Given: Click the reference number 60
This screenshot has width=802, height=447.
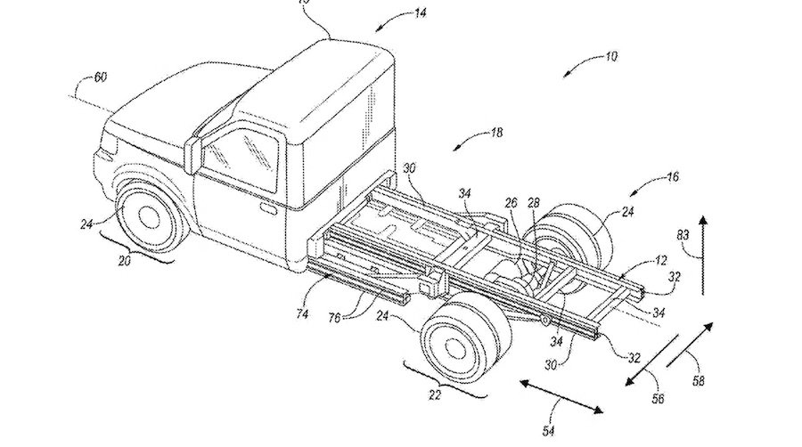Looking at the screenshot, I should tap(101, 77).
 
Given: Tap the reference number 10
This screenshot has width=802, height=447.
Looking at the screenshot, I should tap(610, 57).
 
